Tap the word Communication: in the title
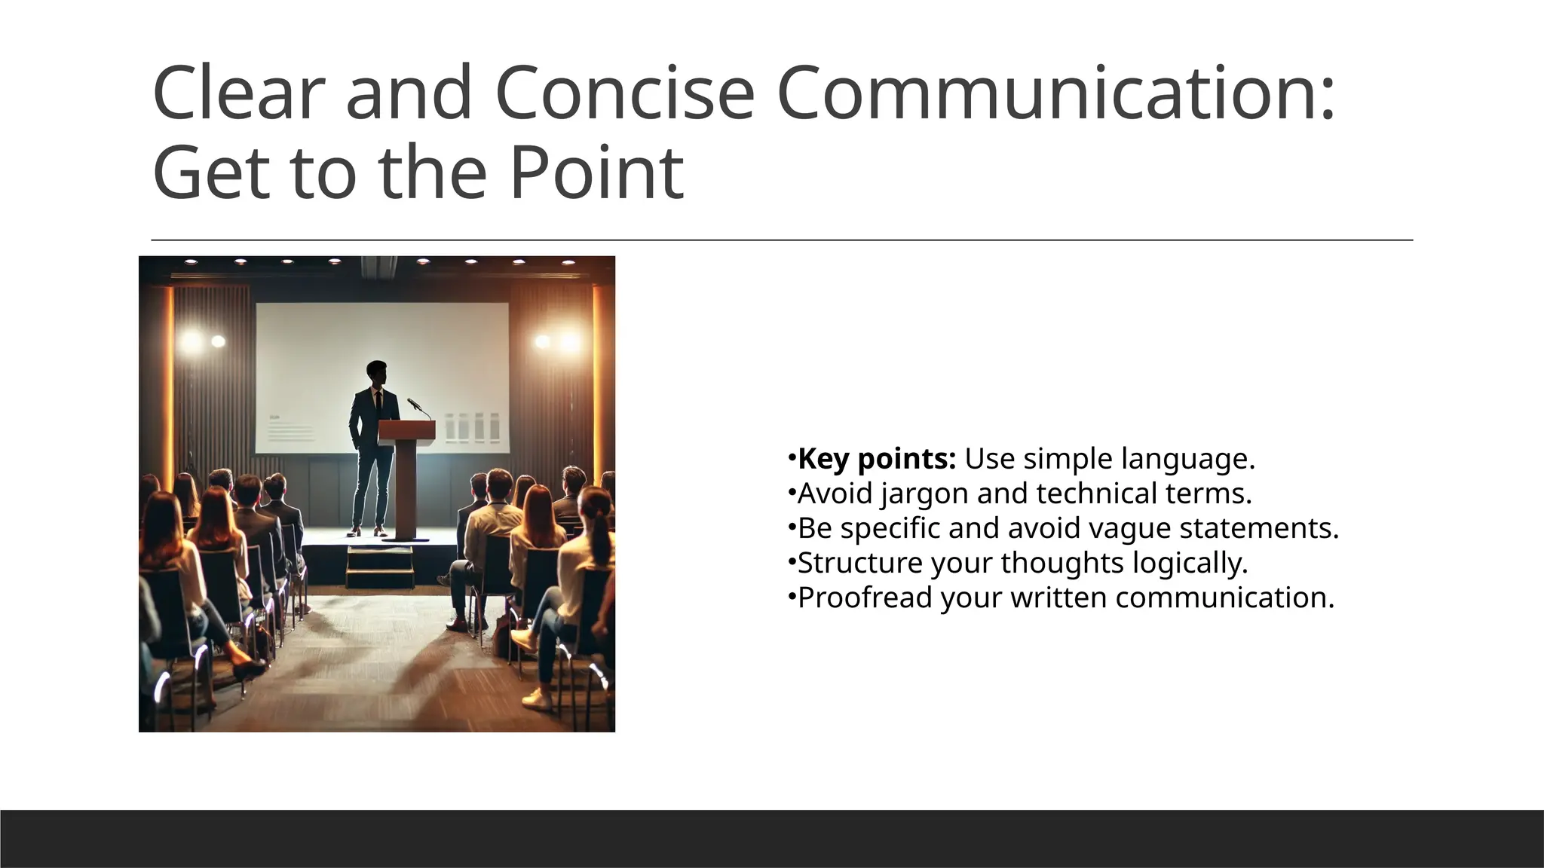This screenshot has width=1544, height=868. click(1055, 93)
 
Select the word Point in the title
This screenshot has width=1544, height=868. click(596, 173)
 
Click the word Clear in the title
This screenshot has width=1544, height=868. click(238, 93)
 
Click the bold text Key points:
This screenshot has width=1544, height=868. click(877, 459)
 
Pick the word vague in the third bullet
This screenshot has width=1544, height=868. click(1130, 529)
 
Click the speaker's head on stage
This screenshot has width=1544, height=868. click(376, 372)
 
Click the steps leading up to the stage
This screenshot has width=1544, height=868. click(380, 567)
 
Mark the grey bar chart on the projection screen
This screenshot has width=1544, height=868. click(472, 427)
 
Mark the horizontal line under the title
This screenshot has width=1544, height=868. click(782, 240)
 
